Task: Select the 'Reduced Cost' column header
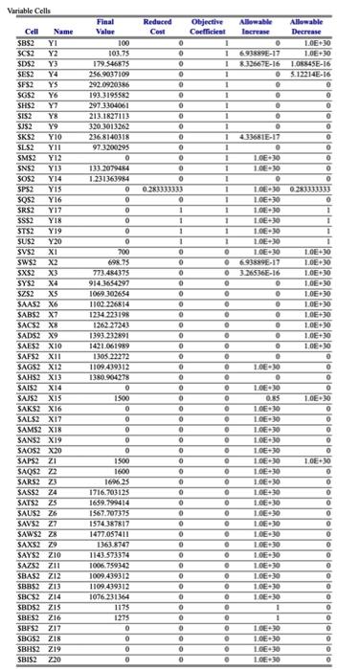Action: tap(157, 26)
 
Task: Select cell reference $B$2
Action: tap(23, 43)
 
